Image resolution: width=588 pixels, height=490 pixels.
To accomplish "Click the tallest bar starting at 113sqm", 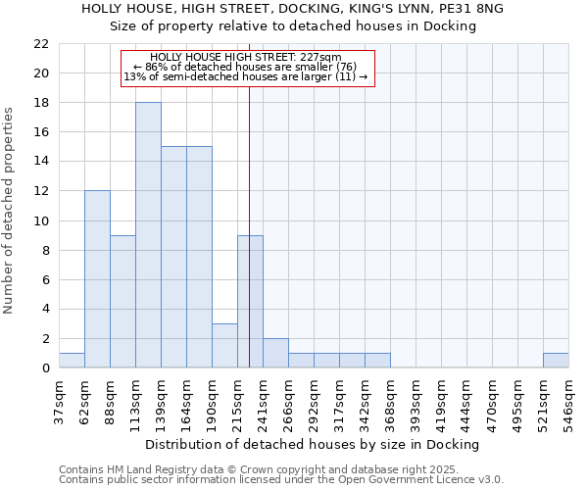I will (x=148, y=235).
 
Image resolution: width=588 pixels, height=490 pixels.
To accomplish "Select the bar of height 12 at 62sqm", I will (x=97, y=279).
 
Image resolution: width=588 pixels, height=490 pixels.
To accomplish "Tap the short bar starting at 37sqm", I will (x=72, y=361).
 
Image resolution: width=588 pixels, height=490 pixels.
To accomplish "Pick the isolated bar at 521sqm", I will (x=556, y=361).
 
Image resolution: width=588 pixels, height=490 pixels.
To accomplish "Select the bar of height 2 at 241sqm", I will (x=275, y=353).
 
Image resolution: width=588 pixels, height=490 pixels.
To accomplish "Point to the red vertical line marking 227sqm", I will (x=250, y=245).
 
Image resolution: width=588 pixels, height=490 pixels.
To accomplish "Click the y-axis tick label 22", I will (x=41, y=44).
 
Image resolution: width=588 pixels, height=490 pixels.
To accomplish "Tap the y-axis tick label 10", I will (x=41, y=220).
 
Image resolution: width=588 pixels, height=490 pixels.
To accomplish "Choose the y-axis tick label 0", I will (x=45, y=368).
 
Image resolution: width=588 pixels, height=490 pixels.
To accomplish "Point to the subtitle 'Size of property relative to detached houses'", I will (x=292, y=26).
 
